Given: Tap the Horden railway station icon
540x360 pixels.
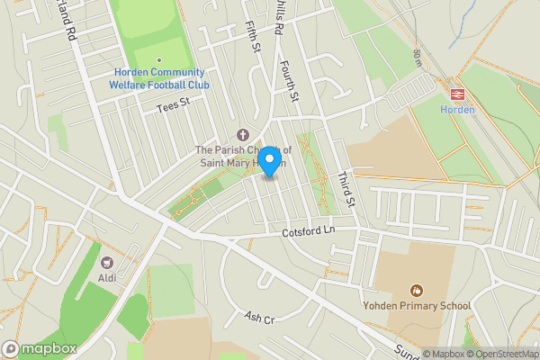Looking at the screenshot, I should tap(456, 93).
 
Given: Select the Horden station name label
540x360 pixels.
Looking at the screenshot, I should tap(456, 110).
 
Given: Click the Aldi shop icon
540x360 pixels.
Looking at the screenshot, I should tap(107, 263).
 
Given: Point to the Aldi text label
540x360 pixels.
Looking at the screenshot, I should tap(107, 279).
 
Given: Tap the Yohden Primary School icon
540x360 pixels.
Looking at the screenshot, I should tap(416, 290).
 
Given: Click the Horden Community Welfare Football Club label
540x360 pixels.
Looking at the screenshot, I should tap(158, 78).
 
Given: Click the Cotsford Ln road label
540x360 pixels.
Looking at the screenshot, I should tap(310, 230).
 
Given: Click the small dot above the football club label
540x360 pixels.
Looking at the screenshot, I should tap(158, 60).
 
